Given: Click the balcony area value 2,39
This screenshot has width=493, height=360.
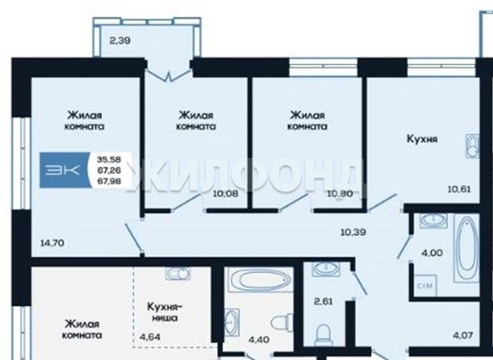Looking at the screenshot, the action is (x=120, y=41).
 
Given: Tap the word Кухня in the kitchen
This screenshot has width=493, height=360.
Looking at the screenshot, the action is (x=422, y=139).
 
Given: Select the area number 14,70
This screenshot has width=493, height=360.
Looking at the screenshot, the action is (x=52, y=242).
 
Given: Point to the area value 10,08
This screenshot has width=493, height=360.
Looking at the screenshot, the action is (x=225, y=194).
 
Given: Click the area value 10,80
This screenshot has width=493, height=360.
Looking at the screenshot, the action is (x=340, y=194).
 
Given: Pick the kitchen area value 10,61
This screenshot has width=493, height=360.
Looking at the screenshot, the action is (x=459, y=189).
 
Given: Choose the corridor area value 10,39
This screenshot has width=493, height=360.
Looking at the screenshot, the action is (x=354, y=232).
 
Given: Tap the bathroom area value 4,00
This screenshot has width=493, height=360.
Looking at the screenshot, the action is (x=432, y=253).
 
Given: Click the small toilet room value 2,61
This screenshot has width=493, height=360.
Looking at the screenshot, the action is (x=323, y=301).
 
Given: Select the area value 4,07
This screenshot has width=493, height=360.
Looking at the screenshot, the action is (x=463, y=335).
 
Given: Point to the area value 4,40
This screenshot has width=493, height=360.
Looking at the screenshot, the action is (x=259, y=340).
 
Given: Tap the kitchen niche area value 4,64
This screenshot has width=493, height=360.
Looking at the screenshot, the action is (x=150, y=337).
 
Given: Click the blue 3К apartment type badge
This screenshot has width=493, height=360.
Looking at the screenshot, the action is (x=65, y=170).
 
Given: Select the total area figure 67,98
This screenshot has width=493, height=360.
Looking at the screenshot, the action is (x=109, y=181).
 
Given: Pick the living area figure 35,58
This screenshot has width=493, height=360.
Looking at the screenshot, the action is (x=109, y=159).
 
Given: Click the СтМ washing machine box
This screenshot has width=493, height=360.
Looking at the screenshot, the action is (x=425, y=286).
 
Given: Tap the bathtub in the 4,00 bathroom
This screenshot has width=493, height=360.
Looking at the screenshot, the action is (x=467, y=249).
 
